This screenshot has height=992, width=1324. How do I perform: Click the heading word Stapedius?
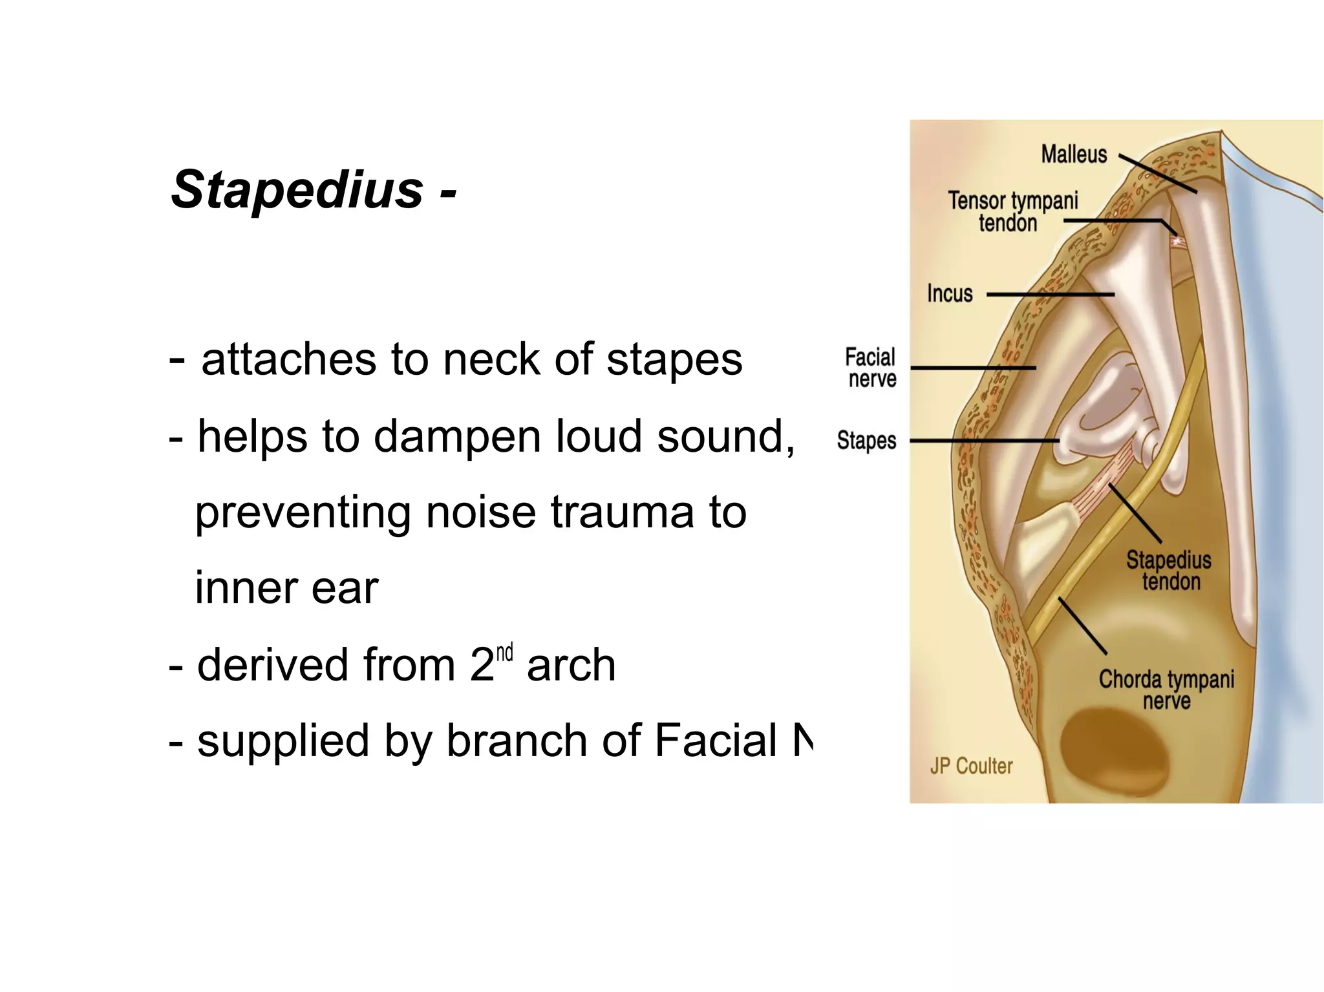(297, 190)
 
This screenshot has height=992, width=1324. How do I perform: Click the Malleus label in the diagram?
(1074, 154)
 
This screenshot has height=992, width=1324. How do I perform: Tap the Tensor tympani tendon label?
(1012, 211)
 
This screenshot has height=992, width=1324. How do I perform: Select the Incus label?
(949, 293)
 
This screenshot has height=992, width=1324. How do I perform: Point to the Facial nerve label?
(871, 368)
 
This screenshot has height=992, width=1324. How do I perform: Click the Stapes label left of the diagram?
(866, 441)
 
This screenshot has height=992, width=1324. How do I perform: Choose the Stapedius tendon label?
(1169, 571)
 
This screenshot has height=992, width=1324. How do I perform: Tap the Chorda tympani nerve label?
(1166, 690)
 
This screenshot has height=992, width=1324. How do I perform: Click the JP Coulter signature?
(971, 766)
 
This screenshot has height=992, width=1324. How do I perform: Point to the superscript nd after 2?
(504, 652)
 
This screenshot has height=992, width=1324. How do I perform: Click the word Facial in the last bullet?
(716, 741)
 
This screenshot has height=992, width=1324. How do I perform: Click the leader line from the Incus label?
(1050, 295)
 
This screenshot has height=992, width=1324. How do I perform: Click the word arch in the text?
(571, 665)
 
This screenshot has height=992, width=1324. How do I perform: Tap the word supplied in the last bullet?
(283, 742)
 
